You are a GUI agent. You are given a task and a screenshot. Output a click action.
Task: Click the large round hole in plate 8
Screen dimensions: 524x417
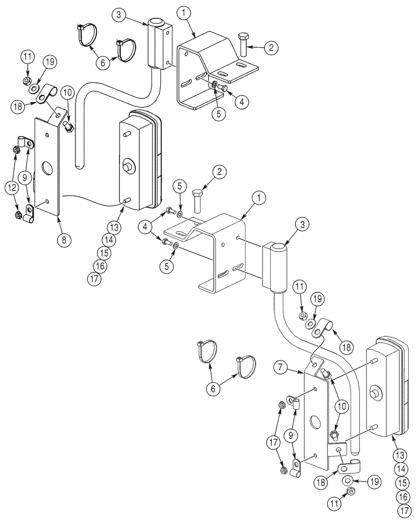pyautogui.click(x=46, y=169)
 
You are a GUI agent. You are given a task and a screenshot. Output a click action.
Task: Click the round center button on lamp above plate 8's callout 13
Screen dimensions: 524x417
pyautogui.click(x=127, y=167)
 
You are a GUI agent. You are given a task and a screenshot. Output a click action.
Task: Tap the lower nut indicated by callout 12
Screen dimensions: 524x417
pyautogui.click(x=17, y=215)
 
